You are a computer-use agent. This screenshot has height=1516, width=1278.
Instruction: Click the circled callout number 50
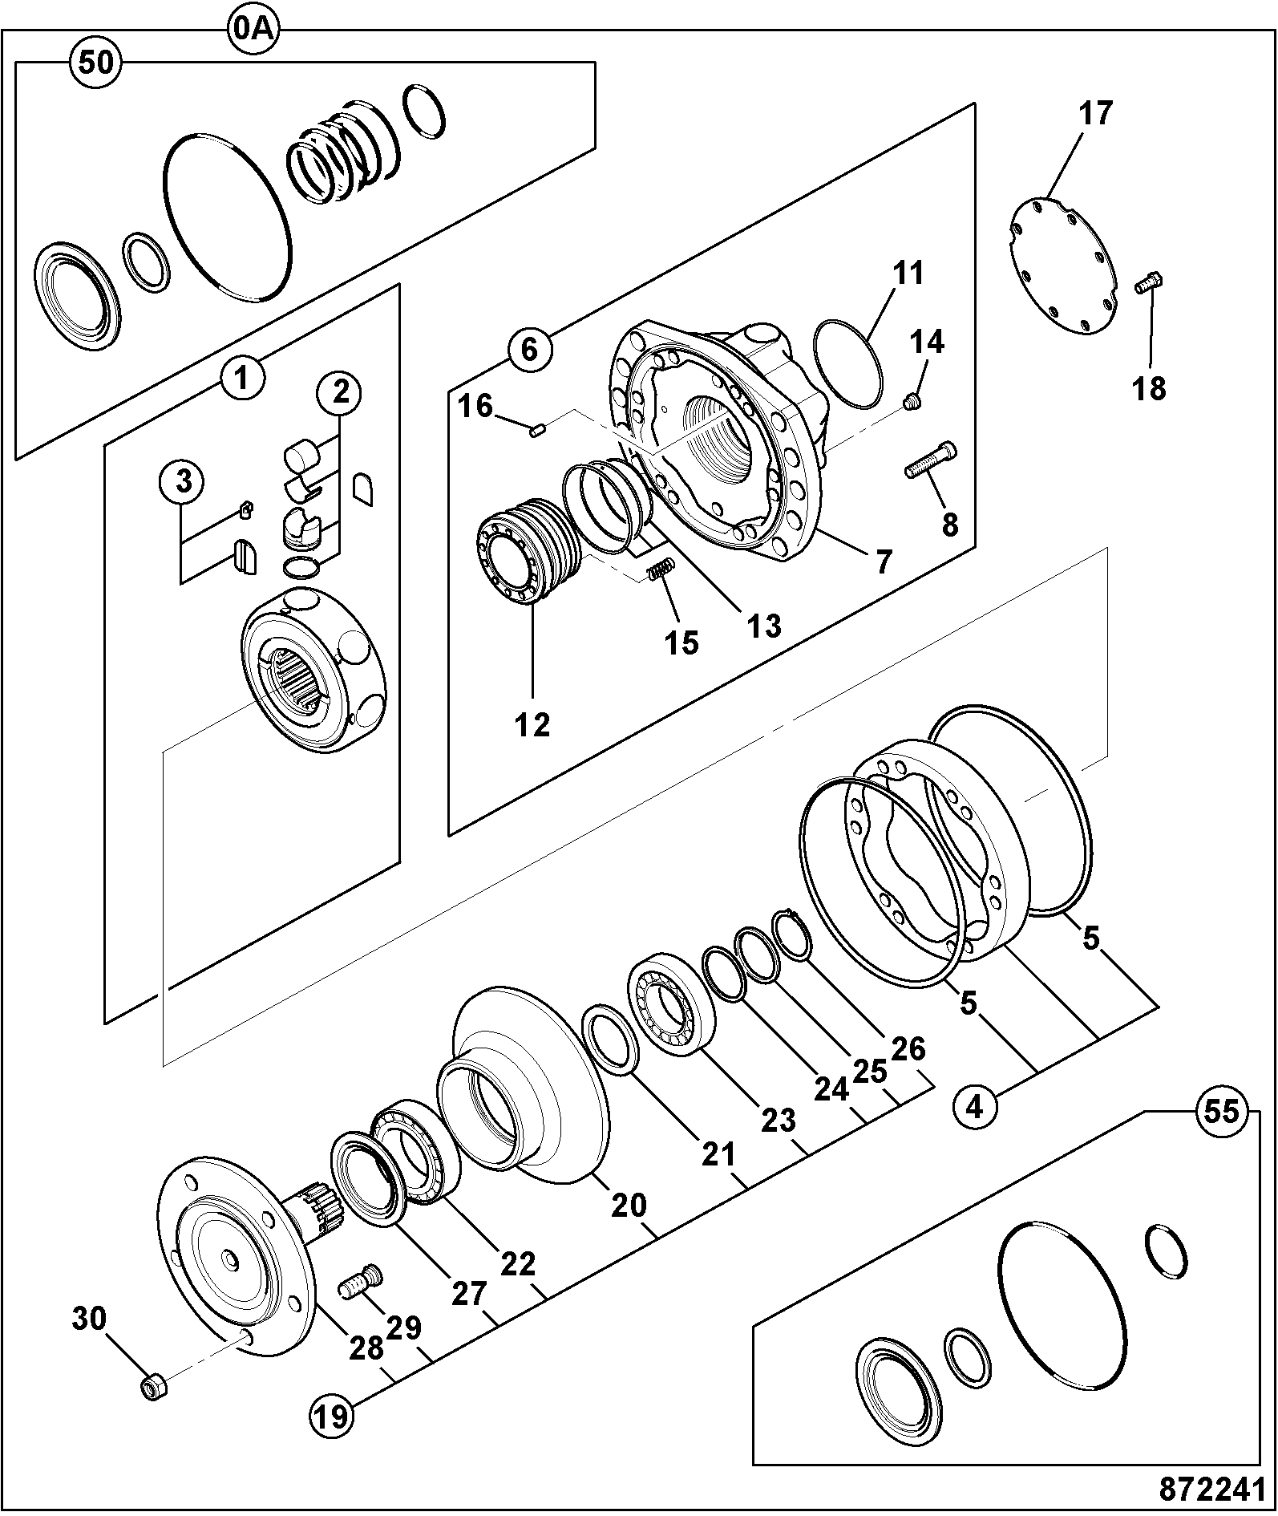coord(96,62)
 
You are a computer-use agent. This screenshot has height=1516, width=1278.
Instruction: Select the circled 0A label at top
coord(253,30)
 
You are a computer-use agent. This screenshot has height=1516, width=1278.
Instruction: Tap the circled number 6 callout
coord(529,350)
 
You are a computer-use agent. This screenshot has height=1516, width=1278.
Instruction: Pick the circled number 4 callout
coord(976,1108)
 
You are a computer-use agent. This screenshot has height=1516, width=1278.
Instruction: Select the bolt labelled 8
coord(930,460)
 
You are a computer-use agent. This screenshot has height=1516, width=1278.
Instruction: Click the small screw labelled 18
coord(1151,284)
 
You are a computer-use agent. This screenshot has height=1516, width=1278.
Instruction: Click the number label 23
coord(779,1119)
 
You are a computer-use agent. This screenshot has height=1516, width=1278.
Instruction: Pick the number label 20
coord(629,1205)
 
